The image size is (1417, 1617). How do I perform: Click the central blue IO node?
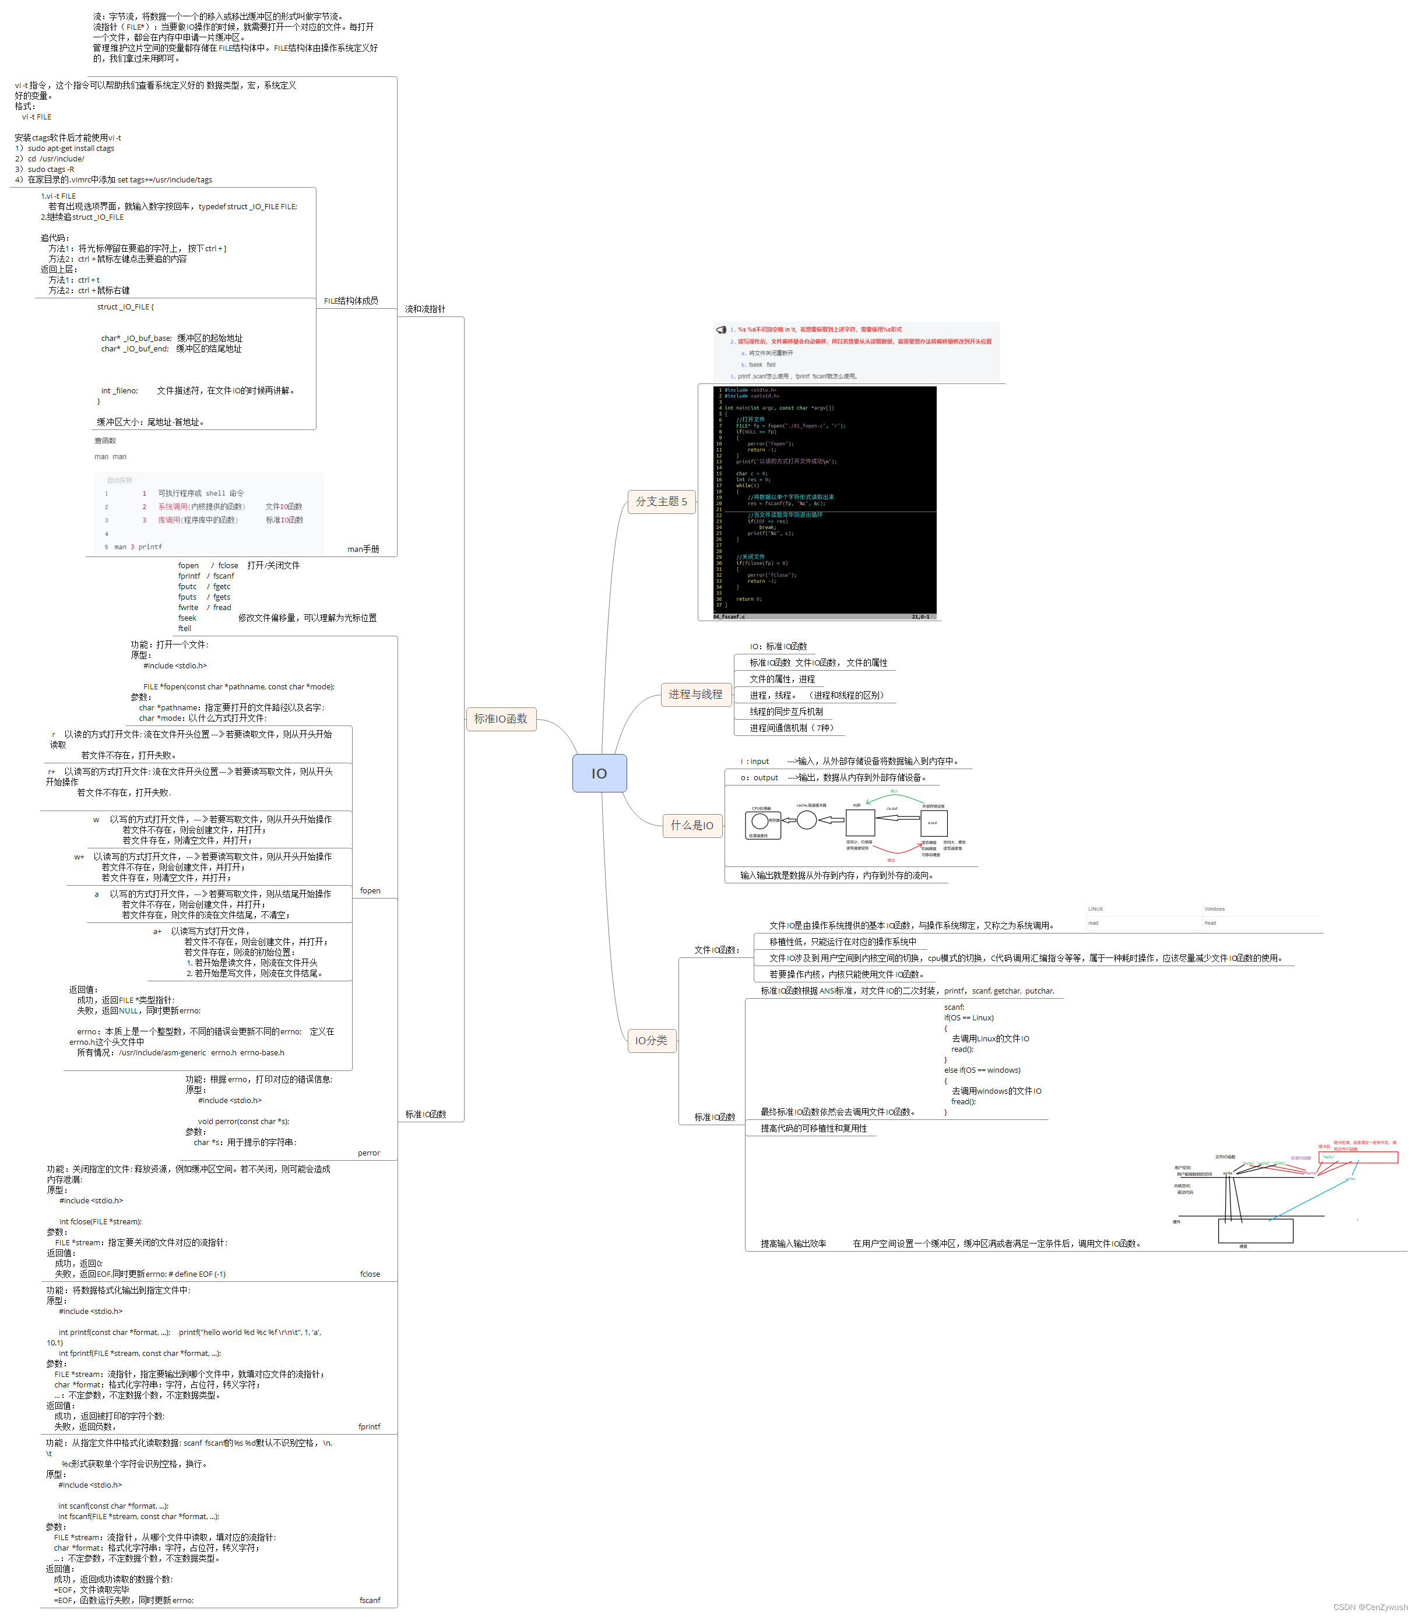click(x=599, y=773)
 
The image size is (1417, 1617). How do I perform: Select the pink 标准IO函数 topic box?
click(x=501, y=718)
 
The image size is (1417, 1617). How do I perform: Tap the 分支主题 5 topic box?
click(x=661, y=501)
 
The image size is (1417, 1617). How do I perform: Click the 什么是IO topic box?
click(x=692, y=825)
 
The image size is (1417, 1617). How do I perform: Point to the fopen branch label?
click(x=370, y=891)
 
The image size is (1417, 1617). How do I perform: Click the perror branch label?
click(x=368, y=1153)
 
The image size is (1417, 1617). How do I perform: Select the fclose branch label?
click(x=370, y=1274)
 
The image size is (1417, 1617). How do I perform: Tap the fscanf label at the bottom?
click(x=370, y=1601)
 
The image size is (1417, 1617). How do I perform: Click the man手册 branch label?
click(x=363, y=549)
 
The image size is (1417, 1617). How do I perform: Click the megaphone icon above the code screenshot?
click(x=721, y=330)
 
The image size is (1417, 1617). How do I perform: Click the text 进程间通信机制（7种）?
click(x=792, y=728)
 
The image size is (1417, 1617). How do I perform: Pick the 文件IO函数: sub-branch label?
click(x=716, y=950)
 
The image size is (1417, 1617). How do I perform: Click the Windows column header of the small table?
click(x=1215, y=909)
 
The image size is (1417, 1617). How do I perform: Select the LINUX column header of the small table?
click(x=1095, y=909)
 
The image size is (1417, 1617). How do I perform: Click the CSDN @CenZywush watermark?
click(x=1370, y=1607)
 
